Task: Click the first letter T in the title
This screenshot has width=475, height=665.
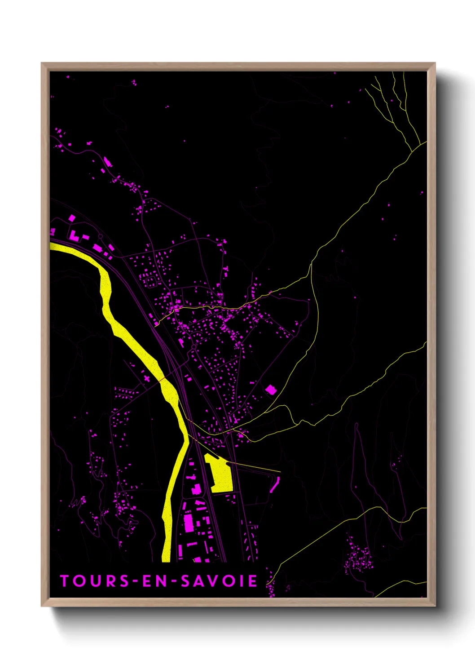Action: coord(64,581)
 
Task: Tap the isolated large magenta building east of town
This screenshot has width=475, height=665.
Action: coord(271,390)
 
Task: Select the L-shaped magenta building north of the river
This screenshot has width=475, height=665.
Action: coord(74,235)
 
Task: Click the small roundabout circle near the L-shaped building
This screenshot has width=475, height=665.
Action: coord(100,236)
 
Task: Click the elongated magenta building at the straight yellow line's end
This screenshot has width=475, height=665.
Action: coord(274,485)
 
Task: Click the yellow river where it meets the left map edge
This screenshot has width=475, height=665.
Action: coord(52,246)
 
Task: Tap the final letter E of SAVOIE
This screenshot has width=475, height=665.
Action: coord(253,581)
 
